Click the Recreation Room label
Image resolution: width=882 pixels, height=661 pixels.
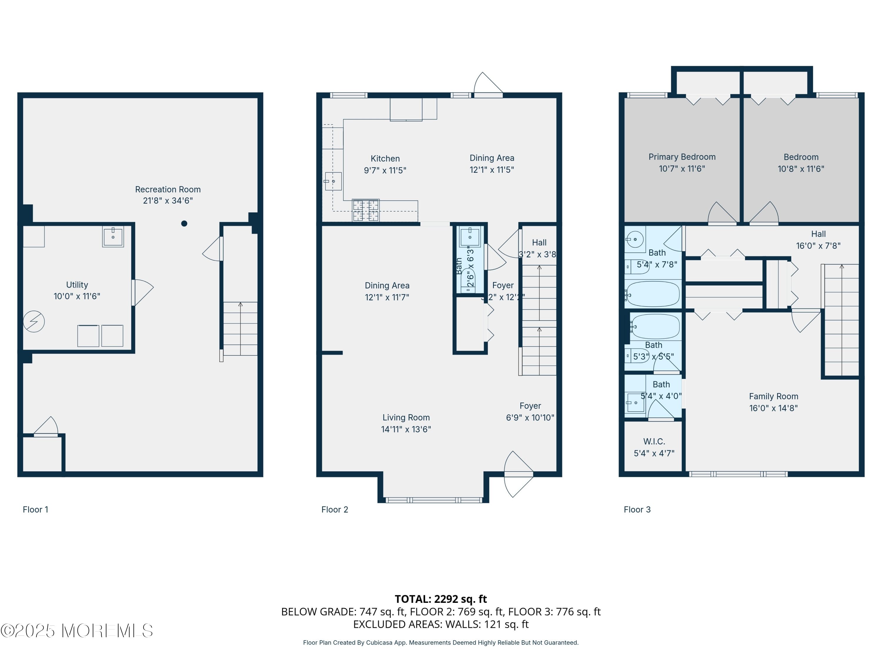pos(168,189)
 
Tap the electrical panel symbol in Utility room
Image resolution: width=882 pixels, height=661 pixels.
pos(34,321)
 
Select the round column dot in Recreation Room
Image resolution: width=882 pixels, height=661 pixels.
pos(184,224)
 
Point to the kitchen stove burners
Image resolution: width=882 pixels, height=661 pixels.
pos(366,210)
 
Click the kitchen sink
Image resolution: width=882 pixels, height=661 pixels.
pos(333,181)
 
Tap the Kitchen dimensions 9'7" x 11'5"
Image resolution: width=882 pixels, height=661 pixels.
pos(385,170)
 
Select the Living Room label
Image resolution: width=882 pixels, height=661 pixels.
pos(406,417)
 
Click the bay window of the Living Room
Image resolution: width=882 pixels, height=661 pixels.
pos(434,500)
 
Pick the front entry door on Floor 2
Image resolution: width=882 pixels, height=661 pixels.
pos(518,474)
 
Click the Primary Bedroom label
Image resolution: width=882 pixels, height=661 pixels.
pos(682,157)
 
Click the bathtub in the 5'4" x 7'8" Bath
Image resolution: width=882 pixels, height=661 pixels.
pos(653,294)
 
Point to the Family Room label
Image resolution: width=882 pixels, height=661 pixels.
pos(773,396)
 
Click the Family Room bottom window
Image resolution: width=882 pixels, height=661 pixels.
pos(738,474)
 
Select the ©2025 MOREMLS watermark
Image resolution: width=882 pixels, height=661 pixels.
pos(76,631)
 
